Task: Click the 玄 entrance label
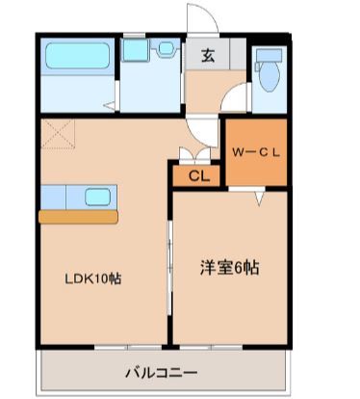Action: click(208, 56)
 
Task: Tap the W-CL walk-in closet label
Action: click(256, 152)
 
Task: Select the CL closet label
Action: click(199, 175)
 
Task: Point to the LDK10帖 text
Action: click(93, 279)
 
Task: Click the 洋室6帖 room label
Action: click(230, 268)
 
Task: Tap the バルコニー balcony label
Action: click(162, 373)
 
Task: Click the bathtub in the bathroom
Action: click(77, 56)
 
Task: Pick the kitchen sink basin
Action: click(98, 197)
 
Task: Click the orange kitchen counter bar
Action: click(78, 217)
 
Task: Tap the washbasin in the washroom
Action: click(166, 48)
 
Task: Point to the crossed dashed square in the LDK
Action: click(58, 134)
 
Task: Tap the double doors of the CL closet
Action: click(194, 153)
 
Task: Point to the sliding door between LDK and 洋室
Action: click(170, 267)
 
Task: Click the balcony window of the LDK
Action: click(128, 347)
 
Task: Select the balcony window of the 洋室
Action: click(211, 347)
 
